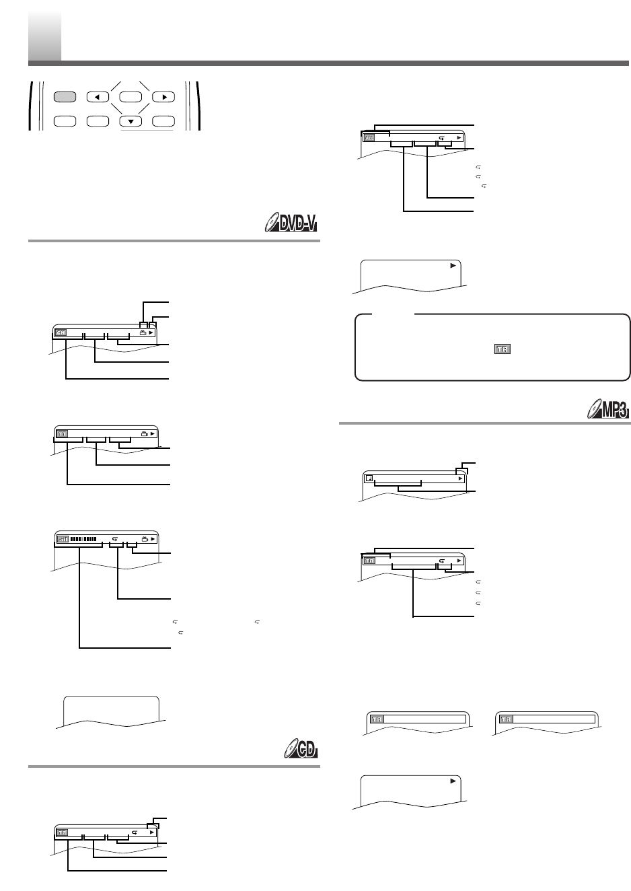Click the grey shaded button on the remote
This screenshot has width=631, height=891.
64,97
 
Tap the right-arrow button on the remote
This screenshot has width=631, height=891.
163,97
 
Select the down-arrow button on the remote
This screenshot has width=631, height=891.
131,122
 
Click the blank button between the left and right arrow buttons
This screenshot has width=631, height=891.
131,97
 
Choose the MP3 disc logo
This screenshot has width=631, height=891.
603,408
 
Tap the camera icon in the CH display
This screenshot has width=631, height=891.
142,332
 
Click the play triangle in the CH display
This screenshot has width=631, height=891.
152,332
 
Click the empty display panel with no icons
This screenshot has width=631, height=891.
111,710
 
